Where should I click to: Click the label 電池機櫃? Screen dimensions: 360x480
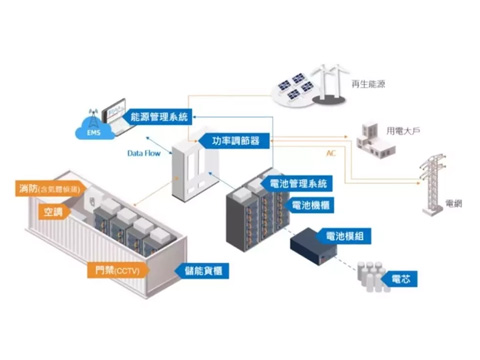(x=312, y=204)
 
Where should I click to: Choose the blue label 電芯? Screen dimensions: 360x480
(x=399, y=275)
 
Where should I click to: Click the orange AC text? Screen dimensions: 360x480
(x=331, y=154)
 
